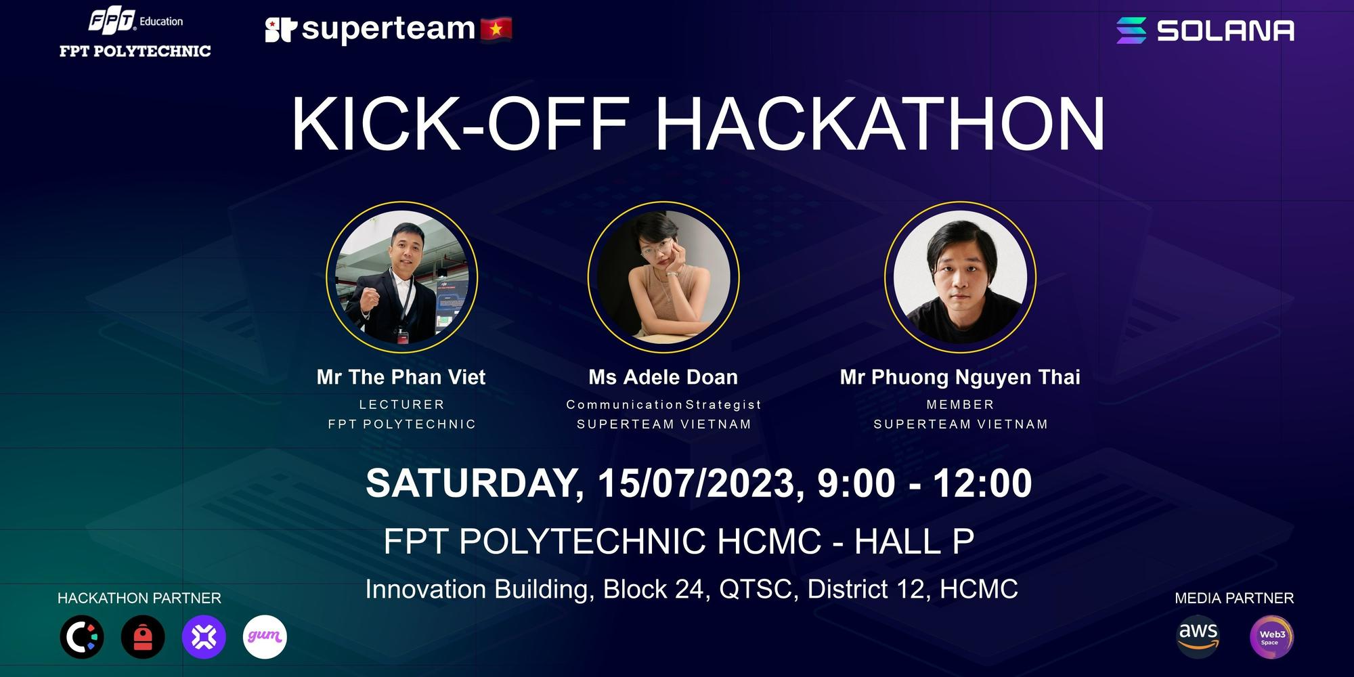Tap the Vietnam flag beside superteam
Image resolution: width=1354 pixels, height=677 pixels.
pyautogui.click(x=496, y=28)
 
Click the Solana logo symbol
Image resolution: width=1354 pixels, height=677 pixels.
pyautogui.click(x=1131, y=30)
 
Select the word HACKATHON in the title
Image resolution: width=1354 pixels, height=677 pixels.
pyautogui.click(x=880, y=123)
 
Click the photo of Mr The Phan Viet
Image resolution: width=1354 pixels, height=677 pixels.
pyautogui.click(x=402, y=277)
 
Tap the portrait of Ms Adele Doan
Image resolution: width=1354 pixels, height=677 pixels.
pyautogui.click(x=663, y=277)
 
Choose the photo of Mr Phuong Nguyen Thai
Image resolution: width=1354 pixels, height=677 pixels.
pyautogui.click(x=960, y=277)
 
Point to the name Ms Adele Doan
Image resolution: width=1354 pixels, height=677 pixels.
pyautogui.click(x=663, y=377)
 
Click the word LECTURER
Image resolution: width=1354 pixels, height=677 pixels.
pyautogui.click(x=402, y=404)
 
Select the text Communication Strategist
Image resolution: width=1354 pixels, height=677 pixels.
pyautogui.click(x=663, y=404)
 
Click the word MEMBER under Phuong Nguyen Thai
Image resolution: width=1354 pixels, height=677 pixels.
pyautogui.click(x=960, y=404)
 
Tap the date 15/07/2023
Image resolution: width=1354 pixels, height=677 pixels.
pyautogui.click(x=700, y=483)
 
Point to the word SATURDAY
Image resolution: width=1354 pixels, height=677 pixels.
pyautogui.click(x=474, y=483)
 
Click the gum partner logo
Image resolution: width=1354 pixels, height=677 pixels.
pyautogui.click(x=265, y=637)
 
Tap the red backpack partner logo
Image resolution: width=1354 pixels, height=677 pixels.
pyautogui.click(x=143, y=637)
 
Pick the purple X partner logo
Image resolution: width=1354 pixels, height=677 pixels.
pyautogui.click(x=204, y=637)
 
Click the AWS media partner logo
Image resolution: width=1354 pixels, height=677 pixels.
pyautogui.click(x=1198, y=636)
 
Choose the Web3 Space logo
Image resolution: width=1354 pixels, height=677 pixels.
pyautogui.click(x=1271, y=637)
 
